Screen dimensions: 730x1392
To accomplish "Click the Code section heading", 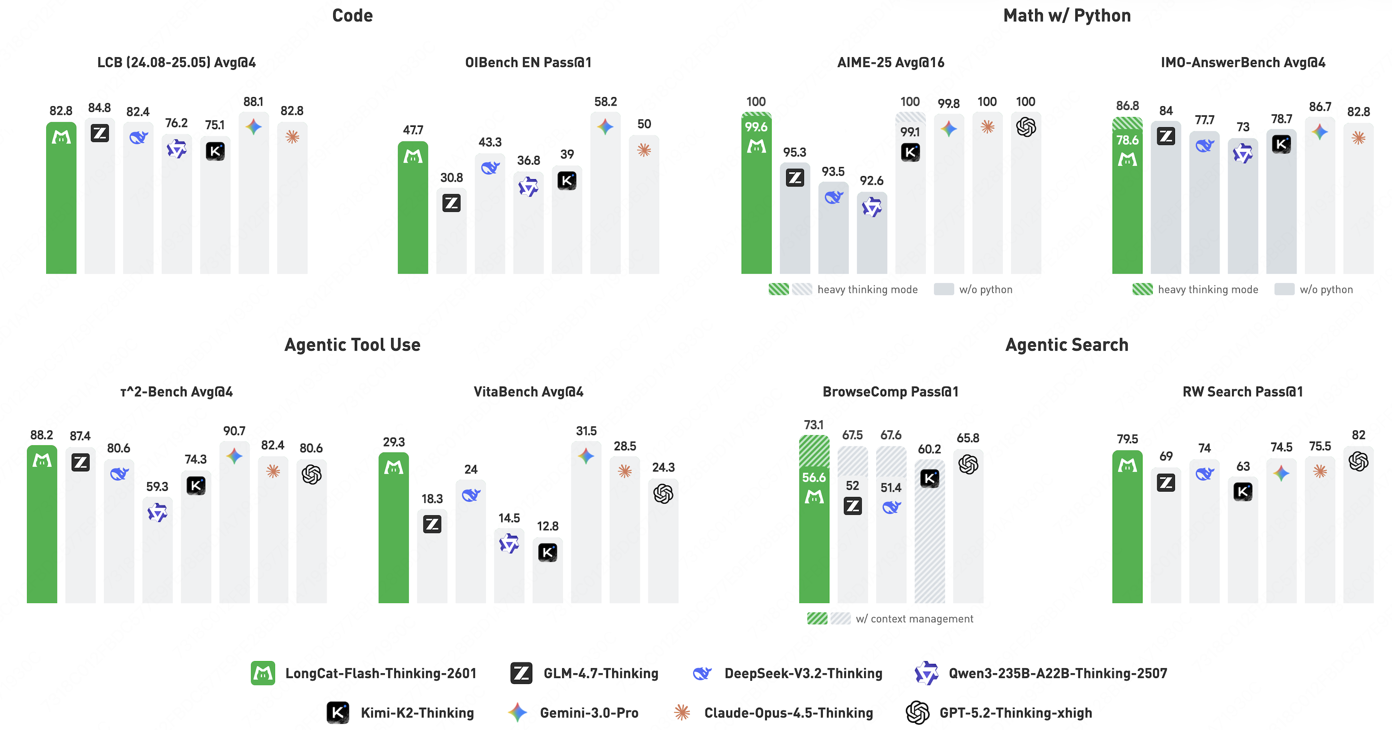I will pos(352,16).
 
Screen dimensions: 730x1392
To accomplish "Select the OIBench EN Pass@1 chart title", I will pos(528,63).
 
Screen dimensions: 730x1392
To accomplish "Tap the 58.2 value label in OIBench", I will pos(605,102).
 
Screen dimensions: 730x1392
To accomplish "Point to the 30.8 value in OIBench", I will pos(451,178).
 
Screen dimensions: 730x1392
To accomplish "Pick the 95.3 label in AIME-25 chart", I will pos(794,152).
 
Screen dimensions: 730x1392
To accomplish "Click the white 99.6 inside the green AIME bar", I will pos(756,127).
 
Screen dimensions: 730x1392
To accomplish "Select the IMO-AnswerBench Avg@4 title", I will pos(1243,63).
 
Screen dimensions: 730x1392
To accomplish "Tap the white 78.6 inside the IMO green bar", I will pos(1127,141).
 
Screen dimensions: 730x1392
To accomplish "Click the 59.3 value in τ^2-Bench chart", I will pos(157,486).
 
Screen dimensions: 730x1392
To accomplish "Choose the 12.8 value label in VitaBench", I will pos(547,526).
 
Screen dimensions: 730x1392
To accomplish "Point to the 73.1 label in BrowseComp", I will pos(814,425).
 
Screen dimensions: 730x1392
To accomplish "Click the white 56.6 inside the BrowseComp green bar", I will pos(814,478).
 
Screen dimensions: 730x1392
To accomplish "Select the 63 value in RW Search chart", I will pos(1243,466).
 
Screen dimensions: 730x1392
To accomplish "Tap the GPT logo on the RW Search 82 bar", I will pos(1358,461).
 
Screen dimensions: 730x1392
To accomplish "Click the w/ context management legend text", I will pos(914,619).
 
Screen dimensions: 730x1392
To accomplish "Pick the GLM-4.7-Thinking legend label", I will pos(601,673).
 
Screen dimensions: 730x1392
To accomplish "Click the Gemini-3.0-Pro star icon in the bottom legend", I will pos(518,713).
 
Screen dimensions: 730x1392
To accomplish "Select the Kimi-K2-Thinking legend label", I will pos(417,713).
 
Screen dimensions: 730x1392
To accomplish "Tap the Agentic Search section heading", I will pos(1067,345).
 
